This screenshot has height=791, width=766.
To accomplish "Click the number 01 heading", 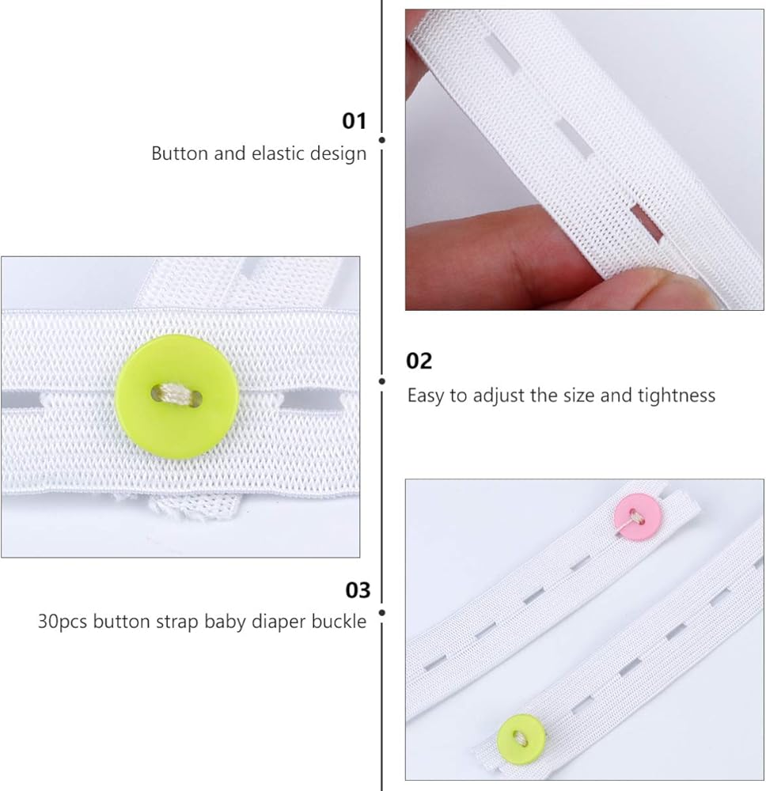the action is pyautogui.click(x=354, y=121).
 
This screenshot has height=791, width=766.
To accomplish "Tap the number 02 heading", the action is pyautogui.click(x=419, y=361).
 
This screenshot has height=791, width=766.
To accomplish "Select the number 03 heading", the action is pyautogui.click(x=358, y=590).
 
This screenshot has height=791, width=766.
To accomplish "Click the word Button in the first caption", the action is pyautogui.click(x=180, y=153).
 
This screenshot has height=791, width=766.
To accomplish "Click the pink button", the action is pyautogui.click(x=638, y=518).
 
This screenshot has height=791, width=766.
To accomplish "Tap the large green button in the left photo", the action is pyautogui.click(x=177, y=396).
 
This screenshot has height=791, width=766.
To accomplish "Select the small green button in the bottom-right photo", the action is pyautogui.click(x=521, y=740).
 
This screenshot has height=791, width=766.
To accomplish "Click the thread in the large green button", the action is pyautogui.click(x=176, y=393).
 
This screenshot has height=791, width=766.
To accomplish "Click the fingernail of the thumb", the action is pyautogui.click(x=676, y=288).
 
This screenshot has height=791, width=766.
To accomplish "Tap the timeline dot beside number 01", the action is pyautogui.click(x=382, y=140).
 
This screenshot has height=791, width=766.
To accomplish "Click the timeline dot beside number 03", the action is pyautogui.click(x=382, y=612).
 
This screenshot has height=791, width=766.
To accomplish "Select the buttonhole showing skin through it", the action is pyautogui.click(x=647, y=222).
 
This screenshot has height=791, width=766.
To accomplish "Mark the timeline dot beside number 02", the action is pyautogui.click(x=382, y=381).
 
